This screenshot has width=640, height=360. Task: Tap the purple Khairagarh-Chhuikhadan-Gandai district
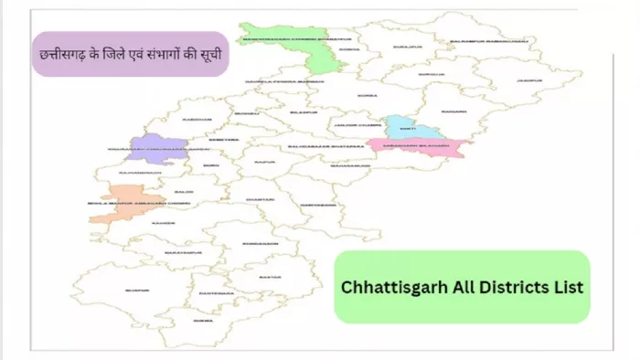tap(156, 149)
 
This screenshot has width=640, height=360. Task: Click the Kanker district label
tap(165, 222)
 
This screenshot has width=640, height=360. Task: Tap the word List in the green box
tap(567, 286)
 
